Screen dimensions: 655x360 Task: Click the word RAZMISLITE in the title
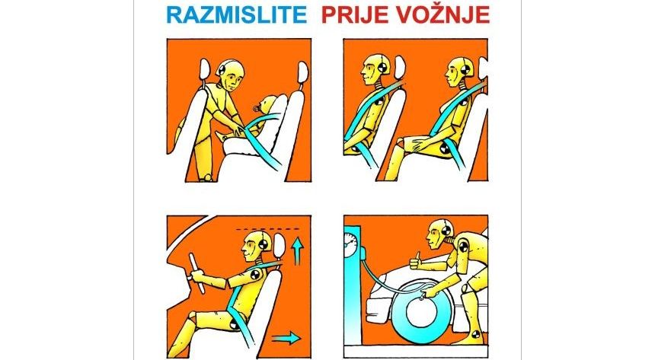pyautogui.click(x=236, y=15)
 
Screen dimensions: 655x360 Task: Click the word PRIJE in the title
pyautogui.click(x=350, y=15)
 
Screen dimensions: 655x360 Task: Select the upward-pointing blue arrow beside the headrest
pyautogui.click(x=296, y=251)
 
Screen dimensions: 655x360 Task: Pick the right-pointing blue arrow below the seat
pyautogui.click(x=286, y=337)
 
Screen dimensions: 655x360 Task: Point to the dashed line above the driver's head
pyautogui.click(x=267, y=229)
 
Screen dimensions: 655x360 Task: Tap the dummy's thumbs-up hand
pyautogui.click(x=416, y=261)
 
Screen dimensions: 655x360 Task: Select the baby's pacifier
pyautogui.click(x=255, y=108)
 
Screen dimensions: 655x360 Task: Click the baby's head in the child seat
pyautogui.click(x=267, y=104)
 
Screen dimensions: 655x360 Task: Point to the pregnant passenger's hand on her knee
pyautogui.click(x=417, y=145)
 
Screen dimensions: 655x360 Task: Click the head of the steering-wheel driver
pyautogui.click(x=254, y=246)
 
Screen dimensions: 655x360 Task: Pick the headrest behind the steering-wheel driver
pyautogui.click(x=278, y=247)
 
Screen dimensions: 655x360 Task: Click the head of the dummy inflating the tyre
pyautogui.click(x=439, y=234)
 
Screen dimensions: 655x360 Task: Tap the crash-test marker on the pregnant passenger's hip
pyautogui.click(x=446, y=148)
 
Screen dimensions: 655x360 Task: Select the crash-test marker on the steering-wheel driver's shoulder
pyautogui.click(x=254, y=275)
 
